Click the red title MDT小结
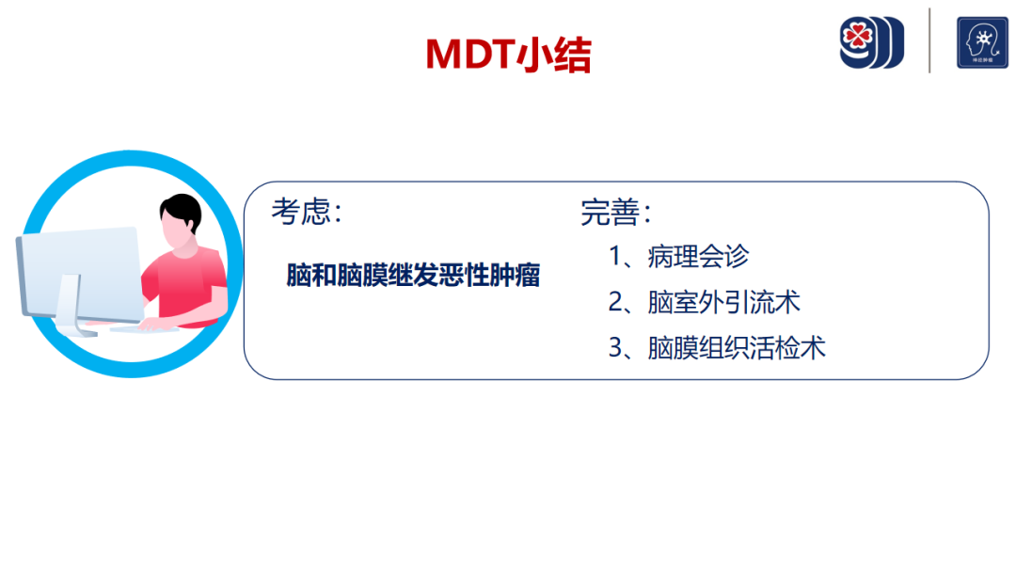point(508,54)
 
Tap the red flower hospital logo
point(871,42)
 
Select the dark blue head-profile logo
point(982,42)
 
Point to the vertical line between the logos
point(929,40)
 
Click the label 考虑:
point(307,211)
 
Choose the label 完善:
point(615,212)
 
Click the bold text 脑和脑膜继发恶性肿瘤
point(413,276)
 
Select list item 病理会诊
point(698,257)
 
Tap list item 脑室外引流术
point(723,303)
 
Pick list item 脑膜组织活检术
point(736,348)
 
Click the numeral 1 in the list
point(615,257)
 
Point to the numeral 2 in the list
point(615,303)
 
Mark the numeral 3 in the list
point(615,348)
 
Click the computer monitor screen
point(82,273)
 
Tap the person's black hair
point(182,212)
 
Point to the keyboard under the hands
point(143,329)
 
